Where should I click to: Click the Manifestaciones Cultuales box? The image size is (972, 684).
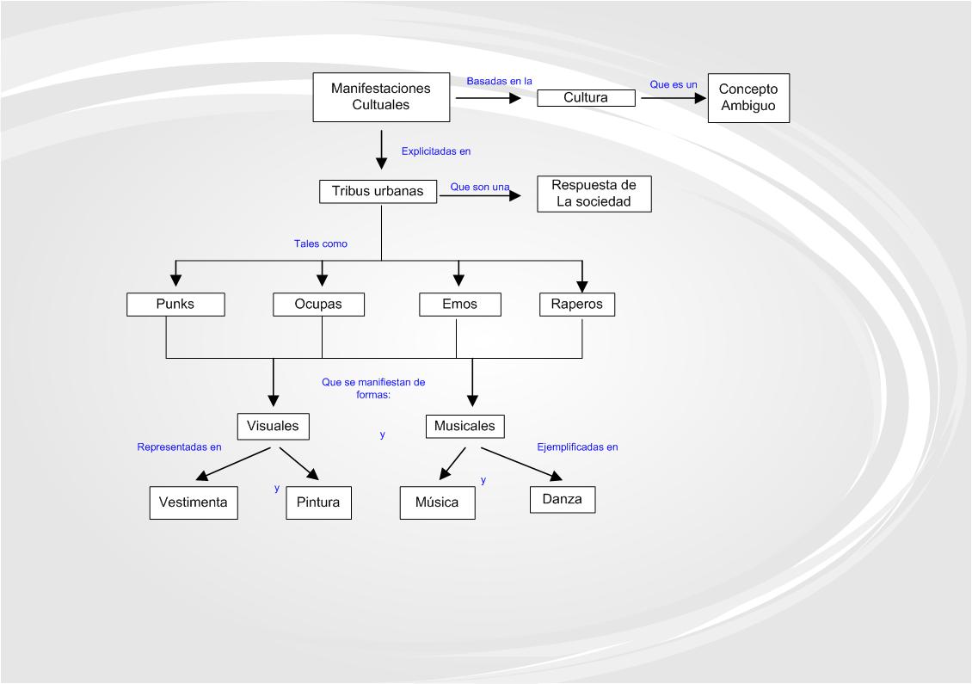[380, 96]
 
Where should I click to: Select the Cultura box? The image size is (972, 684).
[586, 97]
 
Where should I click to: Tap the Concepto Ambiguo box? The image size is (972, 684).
[747, 96]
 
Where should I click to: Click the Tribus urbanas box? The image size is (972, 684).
[378, 191]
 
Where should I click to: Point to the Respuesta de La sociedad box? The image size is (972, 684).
[593, 194]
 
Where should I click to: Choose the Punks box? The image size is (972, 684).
[175, 304]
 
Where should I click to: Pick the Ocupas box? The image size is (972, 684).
[318, 304]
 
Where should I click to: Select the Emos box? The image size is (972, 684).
[459, 304]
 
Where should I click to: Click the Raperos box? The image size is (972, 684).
[577, 304]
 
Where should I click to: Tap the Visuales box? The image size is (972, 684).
[273, 425]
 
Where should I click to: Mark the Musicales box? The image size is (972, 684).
[464, 426]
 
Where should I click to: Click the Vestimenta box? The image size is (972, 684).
[194, 502]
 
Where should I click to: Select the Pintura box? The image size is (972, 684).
[318, 502]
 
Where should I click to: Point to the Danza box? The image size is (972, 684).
[562, 498]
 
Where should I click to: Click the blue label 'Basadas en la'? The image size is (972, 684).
[500, 81]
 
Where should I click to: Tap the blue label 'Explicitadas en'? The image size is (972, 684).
[436, 151]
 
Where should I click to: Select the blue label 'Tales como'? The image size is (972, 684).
[321, 243]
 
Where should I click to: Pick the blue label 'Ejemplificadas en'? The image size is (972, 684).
[577, 447]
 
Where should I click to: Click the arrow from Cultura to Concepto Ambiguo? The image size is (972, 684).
[671, 98]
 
